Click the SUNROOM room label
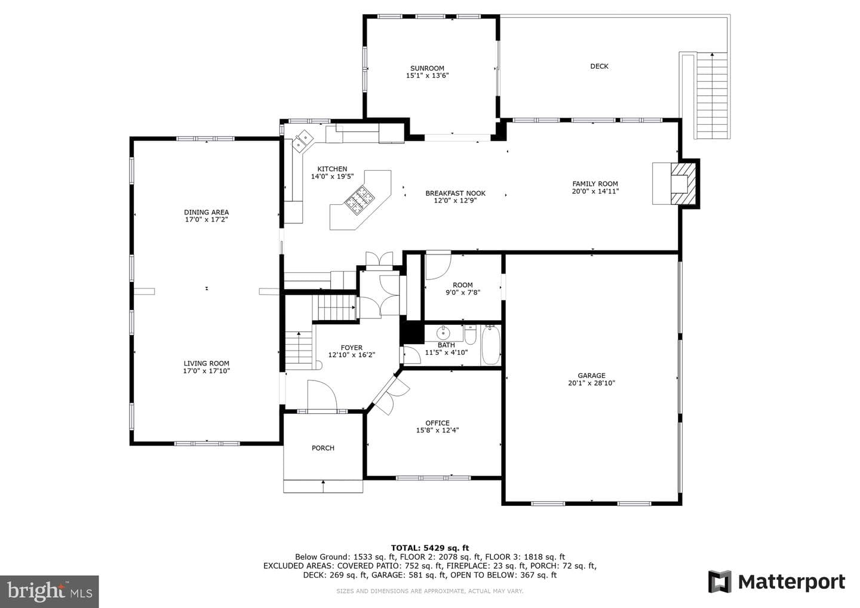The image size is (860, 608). coord(427,68)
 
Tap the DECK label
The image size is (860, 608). coord(599,66)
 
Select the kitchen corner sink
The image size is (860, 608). coord(303,140)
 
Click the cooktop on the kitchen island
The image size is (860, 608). coord(360,197)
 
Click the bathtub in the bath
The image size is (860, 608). coord(491,345)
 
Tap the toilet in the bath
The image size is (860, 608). coord(471,334)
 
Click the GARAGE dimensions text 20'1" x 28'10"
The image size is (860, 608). coord(591,383)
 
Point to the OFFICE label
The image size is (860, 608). coord(437,423)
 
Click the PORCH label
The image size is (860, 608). coord(323,448)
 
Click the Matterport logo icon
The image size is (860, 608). coord(720,582)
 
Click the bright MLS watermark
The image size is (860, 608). coord(50,591)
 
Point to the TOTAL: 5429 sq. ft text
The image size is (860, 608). coord(430,548)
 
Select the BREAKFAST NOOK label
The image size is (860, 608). coord(455,193)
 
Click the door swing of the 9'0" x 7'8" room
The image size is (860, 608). coord(438,265)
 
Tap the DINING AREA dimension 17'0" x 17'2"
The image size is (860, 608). coord(207,220)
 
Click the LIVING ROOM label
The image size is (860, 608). coord(207,363)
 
